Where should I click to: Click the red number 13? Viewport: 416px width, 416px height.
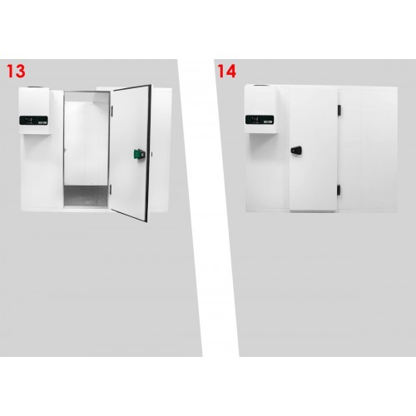pos(15,71)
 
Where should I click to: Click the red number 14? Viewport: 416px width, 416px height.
pos(226,71)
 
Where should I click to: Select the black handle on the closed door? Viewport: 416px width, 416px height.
pos(296,150)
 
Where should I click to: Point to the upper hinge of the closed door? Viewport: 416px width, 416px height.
pos(338,110)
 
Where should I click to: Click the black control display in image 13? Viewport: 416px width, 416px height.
pos(34,121)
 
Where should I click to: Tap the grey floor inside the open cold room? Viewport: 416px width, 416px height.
pos(86,197)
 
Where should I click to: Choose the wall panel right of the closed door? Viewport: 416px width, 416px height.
pos(367,150)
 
